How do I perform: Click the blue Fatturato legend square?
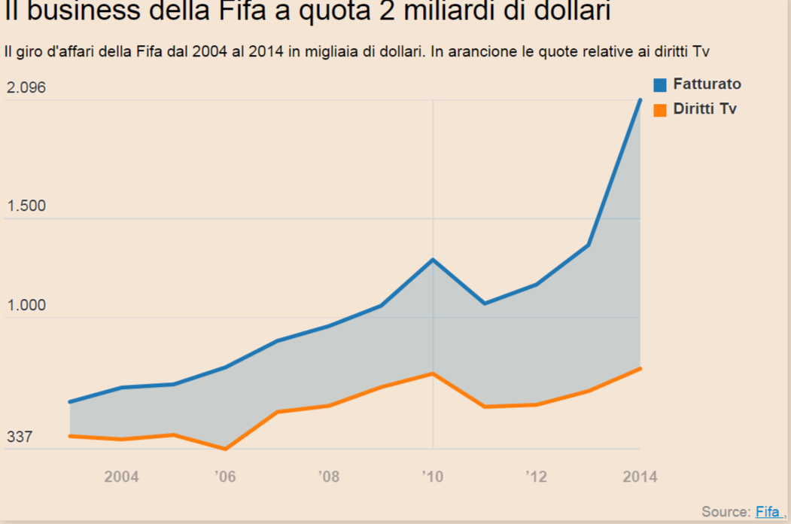pos(660,84)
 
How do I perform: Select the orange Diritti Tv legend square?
pos(660,110)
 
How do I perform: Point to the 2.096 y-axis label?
pos(26,88)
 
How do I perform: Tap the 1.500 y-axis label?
pos(26,206)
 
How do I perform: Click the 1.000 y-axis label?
pos(26,306)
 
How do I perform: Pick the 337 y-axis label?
pos(20,437)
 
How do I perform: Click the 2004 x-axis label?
pos(121,477)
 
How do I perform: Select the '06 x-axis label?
pos(225,477)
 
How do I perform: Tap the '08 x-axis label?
pos(329,477)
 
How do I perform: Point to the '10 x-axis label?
pos(433,477)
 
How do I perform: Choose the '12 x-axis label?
pos(536,477)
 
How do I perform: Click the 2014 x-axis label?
pos(640,477)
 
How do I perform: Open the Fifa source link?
pos(768,512)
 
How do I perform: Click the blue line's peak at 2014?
pos(640,99)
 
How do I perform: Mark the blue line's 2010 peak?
pos(433,260)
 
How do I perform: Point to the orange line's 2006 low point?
pos(225,449)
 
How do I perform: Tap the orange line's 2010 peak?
pos(433,373)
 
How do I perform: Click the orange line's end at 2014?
pos(640,368)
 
